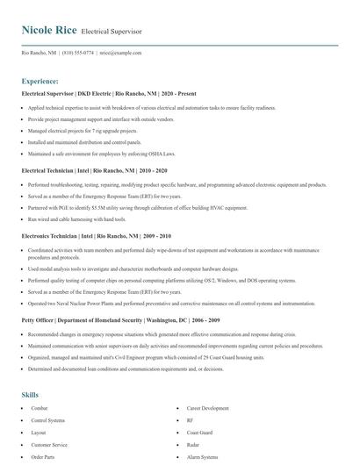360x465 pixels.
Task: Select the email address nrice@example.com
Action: tap(120, 53)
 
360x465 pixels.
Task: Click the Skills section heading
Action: tap(30, 395)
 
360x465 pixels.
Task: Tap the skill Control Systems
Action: tap(48, 420)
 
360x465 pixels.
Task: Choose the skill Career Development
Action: tap(207, 408)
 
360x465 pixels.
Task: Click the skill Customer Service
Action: tap(50, 445)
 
